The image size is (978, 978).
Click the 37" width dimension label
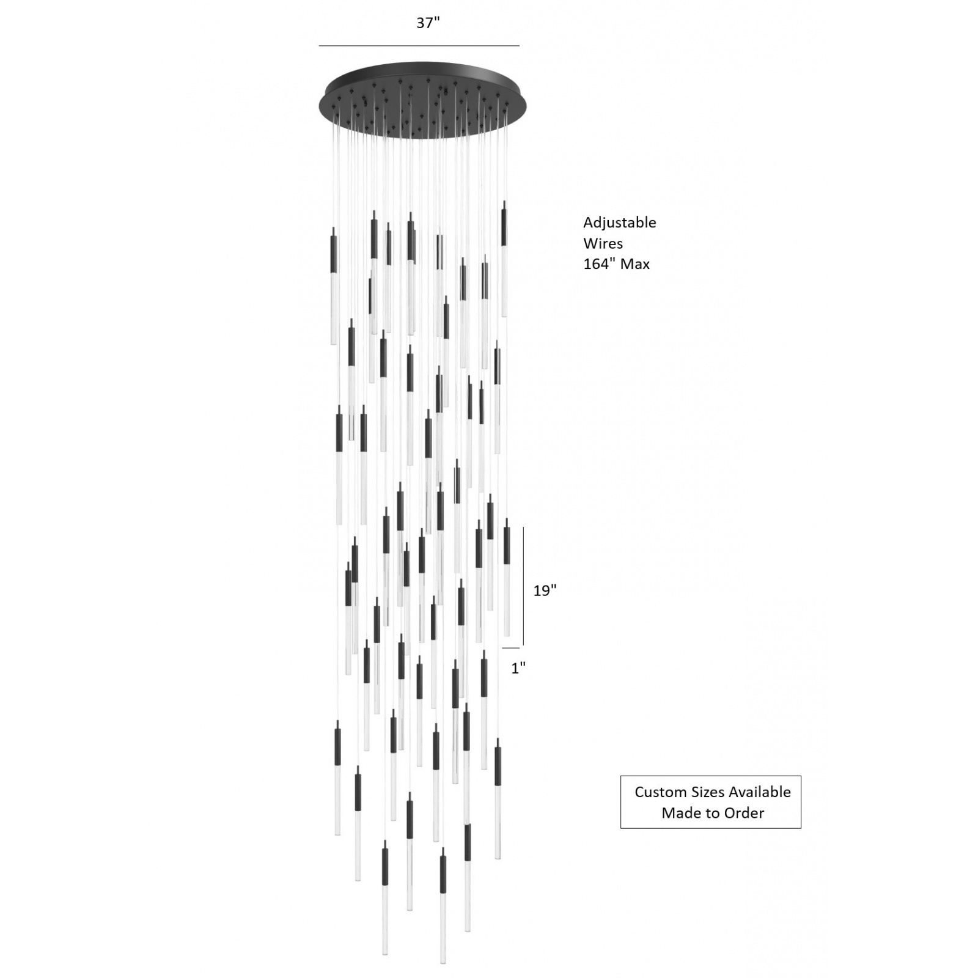428,23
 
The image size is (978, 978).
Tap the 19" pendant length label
545,590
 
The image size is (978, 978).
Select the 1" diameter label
518,668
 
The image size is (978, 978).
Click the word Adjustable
619,223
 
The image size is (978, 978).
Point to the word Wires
603,243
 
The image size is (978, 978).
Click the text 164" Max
616,264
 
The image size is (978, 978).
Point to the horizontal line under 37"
419,46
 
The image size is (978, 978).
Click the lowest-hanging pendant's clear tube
443,936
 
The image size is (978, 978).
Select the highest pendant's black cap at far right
504,224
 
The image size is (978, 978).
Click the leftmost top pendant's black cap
333,250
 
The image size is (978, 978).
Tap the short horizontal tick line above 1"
511,648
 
